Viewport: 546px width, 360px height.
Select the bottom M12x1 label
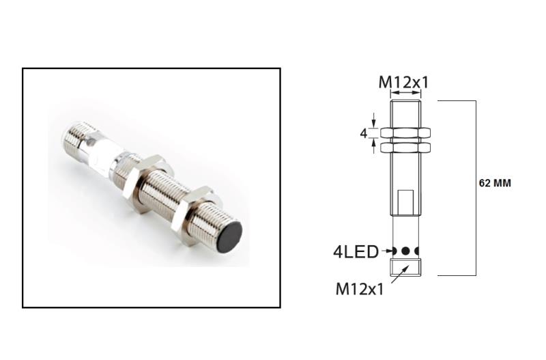(x=360, y=288)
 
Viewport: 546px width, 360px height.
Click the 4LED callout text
(x=355, y=251)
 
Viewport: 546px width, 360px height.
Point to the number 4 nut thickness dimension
(x=363, y=133)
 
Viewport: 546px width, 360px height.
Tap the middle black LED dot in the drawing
(x=405, y=251)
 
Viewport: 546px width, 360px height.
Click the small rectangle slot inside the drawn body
(x=405, y=200)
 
